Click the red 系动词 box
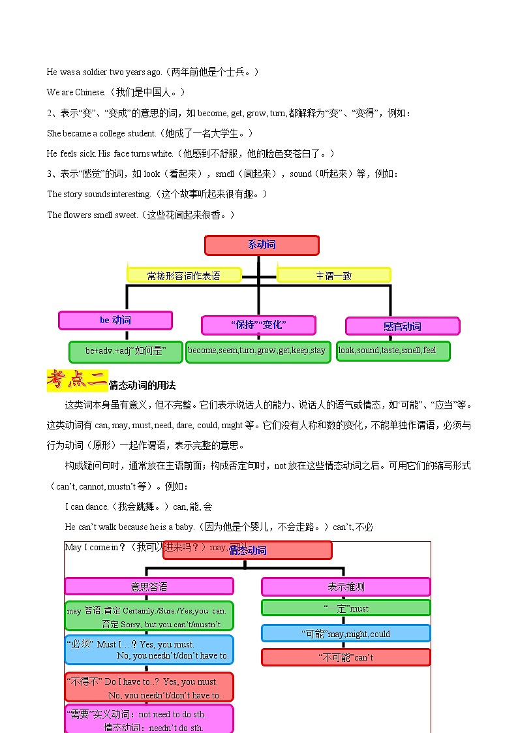click(262, 245)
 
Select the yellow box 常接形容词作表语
click(184, 275)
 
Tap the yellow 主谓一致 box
click(333, 275)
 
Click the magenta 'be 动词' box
click(115, 320)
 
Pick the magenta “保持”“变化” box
click(258, 325)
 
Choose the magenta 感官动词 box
click(402, 326)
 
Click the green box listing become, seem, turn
click(256, 351)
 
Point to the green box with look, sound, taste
click(393, 351)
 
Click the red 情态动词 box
click(248, 550)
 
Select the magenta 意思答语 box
click(149, 586)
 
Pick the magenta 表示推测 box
click(346, 587)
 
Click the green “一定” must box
click(346, 608)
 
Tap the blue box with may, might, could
click(346, 634)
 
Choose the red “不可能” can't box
click(346, 657)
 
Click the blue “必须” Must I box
click(149, 650)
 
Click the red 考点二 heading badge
click(77, 380)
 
